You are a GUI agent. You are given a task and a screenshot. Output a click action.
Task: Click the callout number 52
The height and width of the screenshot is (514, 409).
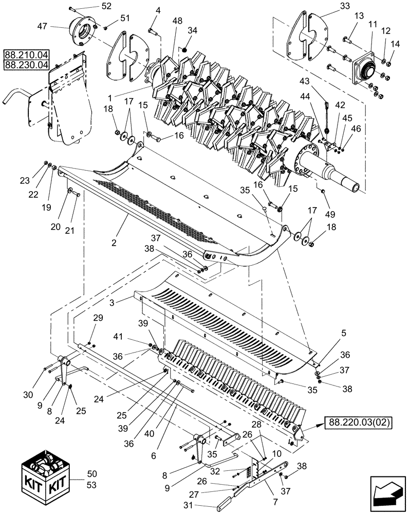106,6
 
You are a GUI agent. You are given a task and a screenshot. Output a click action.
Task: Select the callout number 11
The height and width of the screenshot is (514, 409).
371,25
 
